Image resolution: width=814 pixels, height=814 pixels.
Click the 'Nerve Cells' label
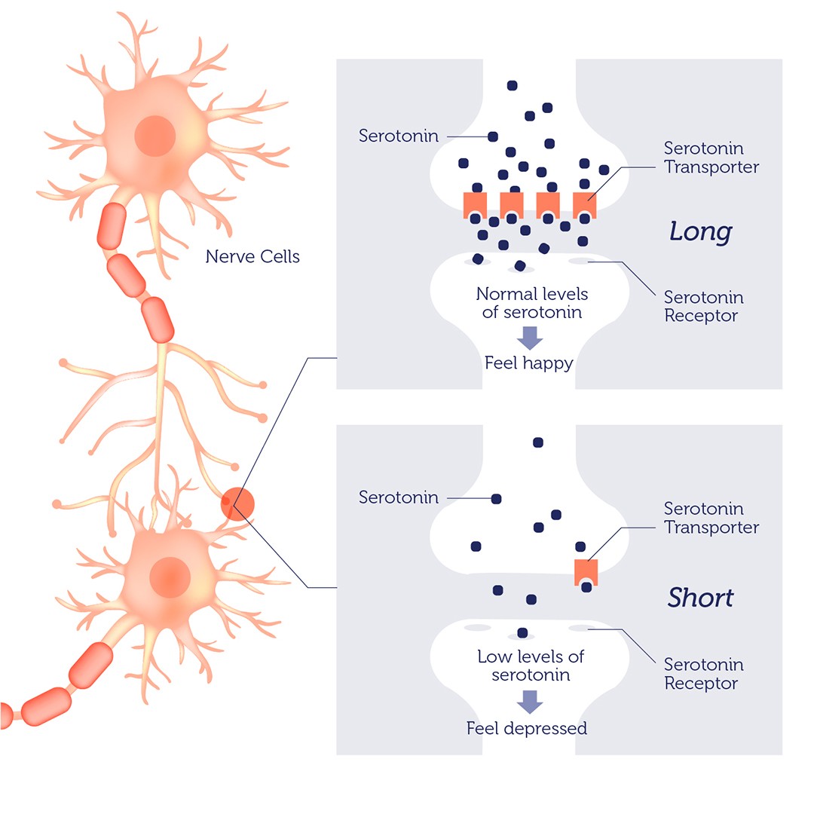[252, 257]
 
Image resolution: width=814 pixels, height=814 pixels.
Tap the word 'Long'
[700, 232]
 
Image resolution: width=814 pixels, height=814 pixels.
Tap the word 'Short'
[700, 598]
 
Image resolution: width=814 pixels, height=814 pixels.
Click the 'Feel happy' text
[529, 363]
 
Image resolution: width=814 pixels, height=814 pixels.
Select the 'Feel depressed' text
[527, 729]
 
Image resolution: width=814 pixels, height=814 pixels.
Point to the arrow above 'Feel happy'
[530, 337]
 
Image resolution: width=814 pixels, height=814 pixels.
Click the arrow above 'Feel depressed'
[530, 702]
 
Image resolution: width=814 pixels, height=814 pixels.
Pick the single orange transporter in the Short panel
[586, 572]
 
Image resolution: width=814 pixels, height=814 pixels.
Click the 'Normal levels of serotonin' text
[531, 302]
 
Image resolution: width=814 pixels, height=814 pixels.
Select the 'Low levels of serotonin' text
[531, 666]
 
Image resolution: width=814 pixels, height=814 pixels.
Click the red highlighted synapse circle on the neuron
[238, 503]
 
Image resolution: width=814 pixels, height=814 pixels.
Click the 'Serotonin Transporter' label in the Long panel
[711, 158]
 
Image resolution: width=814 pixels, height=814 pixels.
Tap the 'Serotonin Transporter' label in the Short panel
[711, 518]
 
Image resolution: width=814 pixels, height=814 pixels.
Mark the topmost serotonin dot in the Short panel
[537, 442]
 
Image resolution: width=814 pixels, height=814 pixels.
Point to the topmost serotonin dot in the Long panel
[513, 86]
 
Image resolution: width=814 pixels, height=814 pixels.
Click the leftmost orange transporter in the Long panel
[475, 204]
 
